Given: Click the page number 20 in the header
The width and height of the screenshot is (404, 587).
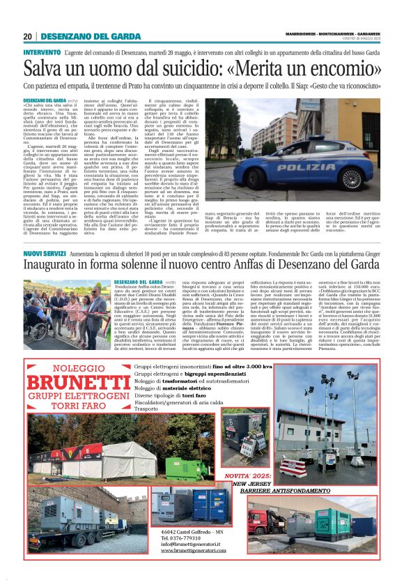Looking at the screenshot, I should (27, 36).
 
